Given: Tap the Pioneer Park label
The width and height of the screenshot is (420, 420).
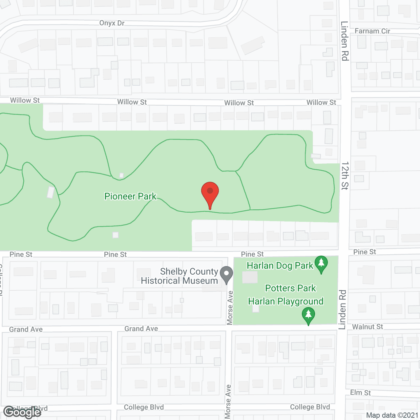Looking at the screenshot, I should (x=130, y=196).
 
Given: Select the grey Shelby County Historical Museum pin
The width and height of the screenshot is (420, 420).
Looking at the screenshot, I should (x=226, y=275).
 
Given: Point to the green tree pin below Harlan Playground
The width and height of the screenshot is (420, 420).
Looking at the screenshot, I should (x=308, y=315).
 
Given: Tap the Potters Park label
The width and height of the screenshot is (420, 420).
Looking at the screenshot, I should (x=290, y=288).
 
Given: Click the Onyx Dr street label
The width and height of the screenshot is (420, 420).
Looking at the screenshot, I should (x=112, y=23).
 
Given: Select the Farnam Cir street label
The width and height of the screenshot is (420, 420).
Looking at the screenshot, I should (x=372, y=31).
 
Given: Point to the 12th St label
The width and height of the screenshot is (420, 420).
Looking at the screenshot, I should (x=345, y=176).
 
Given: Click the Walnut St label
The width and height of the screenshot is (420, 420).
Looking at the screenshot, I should (x=367, y=327).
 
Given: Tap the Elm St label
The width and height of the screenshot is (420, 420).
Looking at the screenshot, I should (x=360, y=392).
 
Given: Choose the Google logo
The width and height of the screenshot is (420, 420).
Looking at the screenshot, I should (x=22, y=412).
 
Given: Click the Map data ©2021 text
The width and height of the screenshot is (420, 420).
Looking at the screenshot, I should (x=392, y=415).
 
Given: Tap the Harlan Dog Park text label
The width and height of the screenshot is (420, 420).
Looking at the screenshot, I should (x=280, y=265).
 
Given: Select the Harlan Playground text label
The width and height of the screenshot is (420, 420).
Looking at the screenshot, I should (x=285, y=301).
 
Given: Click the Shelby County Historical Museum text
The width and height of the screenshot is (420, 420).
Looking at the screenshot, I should (x=179, y=276).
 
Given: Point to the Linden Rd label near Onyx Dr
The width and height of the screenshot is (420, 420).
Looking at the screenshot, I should (x=345, y=41).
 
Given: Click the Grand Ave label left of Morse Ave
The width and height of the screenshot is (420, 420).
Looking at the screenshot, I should (x=141, y=329).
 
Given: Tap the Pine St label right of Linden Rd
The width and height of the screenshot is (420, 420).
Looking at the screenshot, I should (x=365, y=252).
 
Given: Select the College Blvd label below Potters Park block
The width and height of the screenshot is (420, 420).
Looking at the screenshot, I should (x=310, y=407).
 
